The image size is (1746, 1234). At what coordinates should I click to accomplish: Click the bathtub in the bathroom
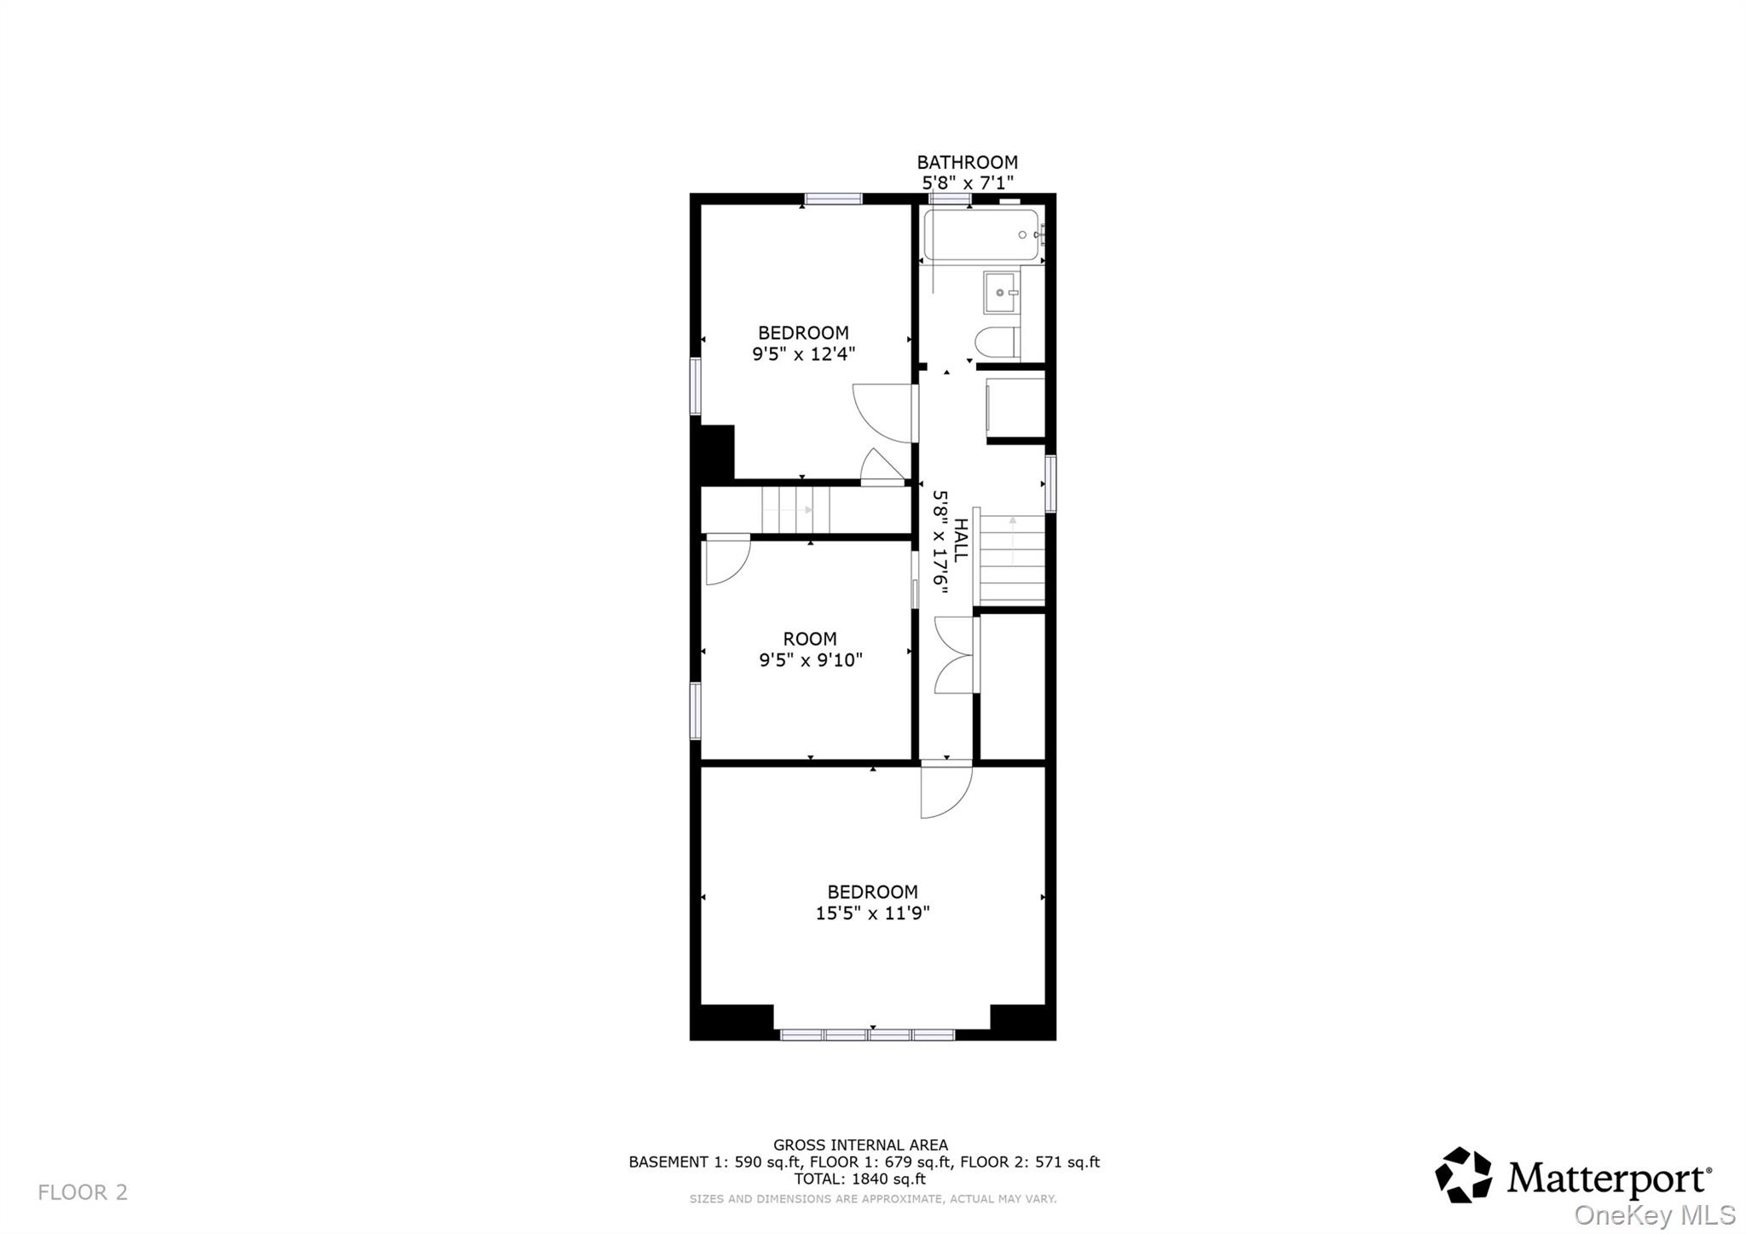point(980,235)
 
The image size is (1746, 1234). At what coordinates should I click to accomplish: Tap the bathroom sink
point(1000,293)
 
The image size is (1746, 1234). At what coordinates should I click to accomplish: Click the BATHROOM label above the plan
point(967,162)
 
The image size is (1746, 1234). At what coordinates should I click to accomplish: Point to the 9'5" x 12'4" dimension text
point(802,354)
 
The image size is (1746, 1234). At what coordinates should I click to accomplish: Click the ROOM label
point(810,639)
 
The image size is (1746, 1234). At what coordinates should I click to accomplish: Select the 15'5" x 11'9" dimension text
point(872,913)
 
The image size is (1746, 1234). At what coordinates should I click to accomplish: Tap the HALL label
point(961,541)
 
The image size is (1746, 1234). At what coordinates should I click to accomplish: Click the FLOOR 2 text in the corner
point(83,1192)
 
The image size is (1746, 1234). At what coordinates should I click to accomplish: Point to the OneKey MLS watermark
point(1655,1214)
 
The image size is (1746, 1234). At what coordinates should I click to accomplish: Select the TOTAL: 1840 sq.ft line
point(859,1179)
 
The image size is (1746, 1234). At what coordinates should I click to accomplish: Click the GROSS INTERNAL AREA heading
point(860,1145)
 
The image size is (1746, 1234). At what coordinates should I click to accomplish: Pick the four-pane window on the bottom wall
point(867,1034)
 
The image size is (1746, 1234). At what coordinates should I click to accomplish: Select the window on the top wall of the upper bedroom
point(833,200)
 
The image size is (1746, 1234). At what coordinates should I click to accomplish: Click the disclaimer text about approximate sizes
point(872,1199)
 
